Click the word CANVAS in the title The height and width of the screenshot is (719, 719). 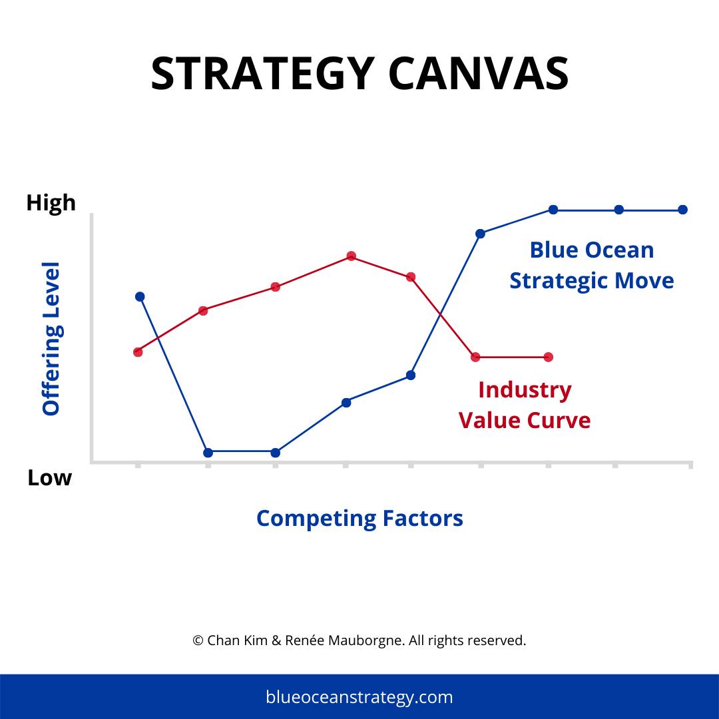point(478,73)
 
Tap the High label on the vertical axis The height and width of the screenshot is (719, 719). point(51,203)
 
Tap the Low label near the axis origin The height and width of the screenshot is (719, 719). point(49,477)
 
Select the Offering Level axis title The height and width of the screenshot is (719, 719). point(51,339)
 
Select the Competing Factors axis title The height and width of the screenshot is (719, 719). point(359,518)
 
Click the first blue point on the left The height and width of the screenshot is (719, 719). point(140,296)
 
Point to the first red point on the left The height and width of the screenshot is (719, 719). point(138,352)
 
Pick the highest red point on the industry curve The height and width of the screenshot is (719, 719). point(351,256)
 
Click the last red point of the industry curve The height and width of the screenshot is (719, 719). point(548,357)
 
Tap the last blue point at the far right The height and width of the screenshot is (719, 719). point(682,210)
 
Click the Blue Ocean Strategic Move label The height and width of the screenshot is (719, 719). point(591,265)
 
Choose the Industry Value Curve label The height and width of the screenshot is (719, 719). point(525,405)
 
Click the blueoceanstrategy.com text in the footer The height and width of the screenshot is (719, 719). point(359,697)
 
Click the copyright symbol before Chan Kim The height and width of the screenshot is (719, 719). point(198,640)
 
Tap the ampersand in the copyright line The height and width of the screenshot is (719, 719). point(277,640)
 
